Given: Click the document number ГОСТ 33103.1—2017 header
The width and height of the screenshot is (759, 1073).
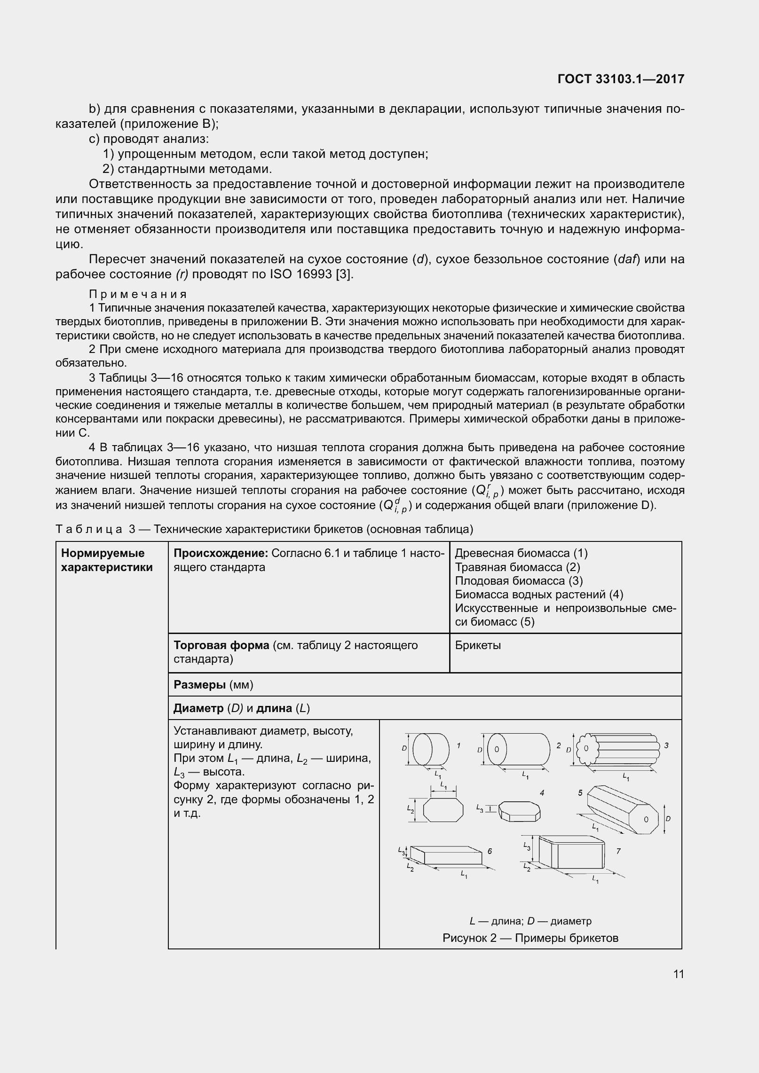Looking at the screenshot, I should (620, 79).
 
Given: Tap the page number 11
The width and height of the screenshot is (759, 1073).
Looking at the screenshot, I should (678, 974).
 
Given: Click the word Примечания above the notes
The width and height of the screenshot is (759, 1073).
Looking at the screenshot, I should (138, 294).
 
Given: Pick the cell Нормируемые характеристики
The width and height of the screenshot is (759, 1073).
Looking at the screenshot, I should (107, 560).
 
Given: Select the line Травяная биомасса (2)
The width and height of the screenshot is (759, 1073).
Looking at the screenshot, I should (517, 567).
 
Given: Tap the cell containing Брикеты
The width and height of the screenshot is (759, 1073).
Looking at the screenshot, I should (478, 645).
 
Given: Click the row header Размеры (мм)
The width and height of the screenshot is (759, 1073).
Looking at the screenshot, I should (213, 685).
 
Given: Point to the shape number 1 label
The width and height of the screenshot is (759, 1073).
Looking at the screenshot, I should (458, 745).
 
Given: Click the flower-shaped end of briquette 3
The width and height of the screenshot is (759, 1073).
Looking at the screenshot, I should (585, 748).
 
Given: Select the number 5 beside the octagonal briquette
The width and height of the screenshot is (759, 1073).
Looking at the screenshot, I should (580, 793).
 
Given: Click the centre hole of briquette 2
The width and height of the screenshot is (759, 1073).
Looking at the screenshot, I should (497, 749).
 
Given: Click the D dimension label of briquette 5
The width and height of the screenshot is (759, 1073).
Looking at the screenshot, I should (668, 818).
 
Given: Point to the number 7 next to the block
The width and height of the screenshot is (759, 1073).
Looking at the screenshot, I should (618, 851).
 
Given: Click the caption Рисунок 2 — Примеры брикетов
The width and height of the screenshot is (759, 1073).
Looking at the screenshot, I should (530, 939).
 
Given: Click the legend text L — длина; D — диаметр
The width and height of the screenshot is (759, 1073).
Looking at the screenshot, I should (530, 921).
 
